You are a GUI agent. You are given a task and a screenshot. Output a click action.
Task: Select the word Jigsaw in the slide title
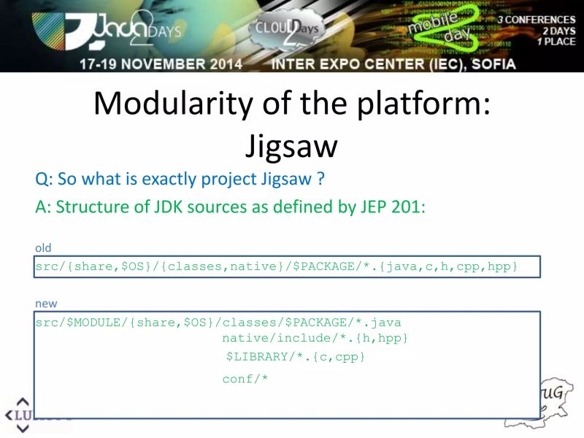click(291, 146)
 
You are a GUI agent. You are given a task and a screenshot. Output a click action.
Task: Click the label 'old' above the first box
click(43, 248)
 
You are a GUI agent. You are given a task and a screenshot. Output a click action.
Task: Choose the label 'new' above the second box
click(46, 303)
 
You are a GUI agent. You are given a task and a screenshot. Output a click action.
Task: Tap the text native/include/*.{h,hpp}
click(315, 338)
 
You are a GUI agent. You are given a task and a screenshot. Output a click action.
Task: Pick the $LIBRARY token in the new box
click(255, 357)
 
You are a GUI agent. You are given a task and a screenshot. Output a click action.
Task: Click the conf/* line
click(245, 378)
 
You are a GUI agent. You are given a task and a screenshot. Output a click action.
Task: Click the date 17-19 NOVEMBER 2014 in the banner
click(161, 64)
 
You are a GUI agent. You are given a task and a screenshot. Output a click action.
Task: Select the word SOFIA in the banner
click(489, 64)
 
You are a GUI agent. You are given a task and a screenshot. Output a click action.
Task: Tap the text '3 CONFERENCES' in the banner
click(537, 20)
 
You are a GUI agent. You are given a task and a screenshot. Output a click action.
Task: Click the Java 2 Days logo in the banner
click(109, 31)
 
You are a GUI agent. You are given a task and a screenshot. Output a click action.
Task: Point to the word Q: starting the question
click(43, 179)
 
